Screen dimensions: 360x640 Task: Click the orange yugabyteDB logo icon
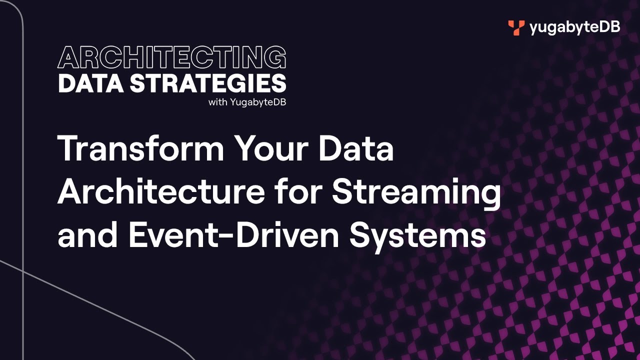coord(516,27)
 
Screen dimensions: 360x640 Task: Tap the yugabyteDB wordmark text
coord(574,27)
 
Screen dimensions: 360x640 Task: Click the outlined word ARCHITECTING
coord(172,58)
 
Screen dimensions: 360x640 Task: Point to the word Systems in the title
coord(418,236)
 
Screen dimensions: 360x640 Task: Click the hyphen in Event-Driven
coord(228,236)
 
